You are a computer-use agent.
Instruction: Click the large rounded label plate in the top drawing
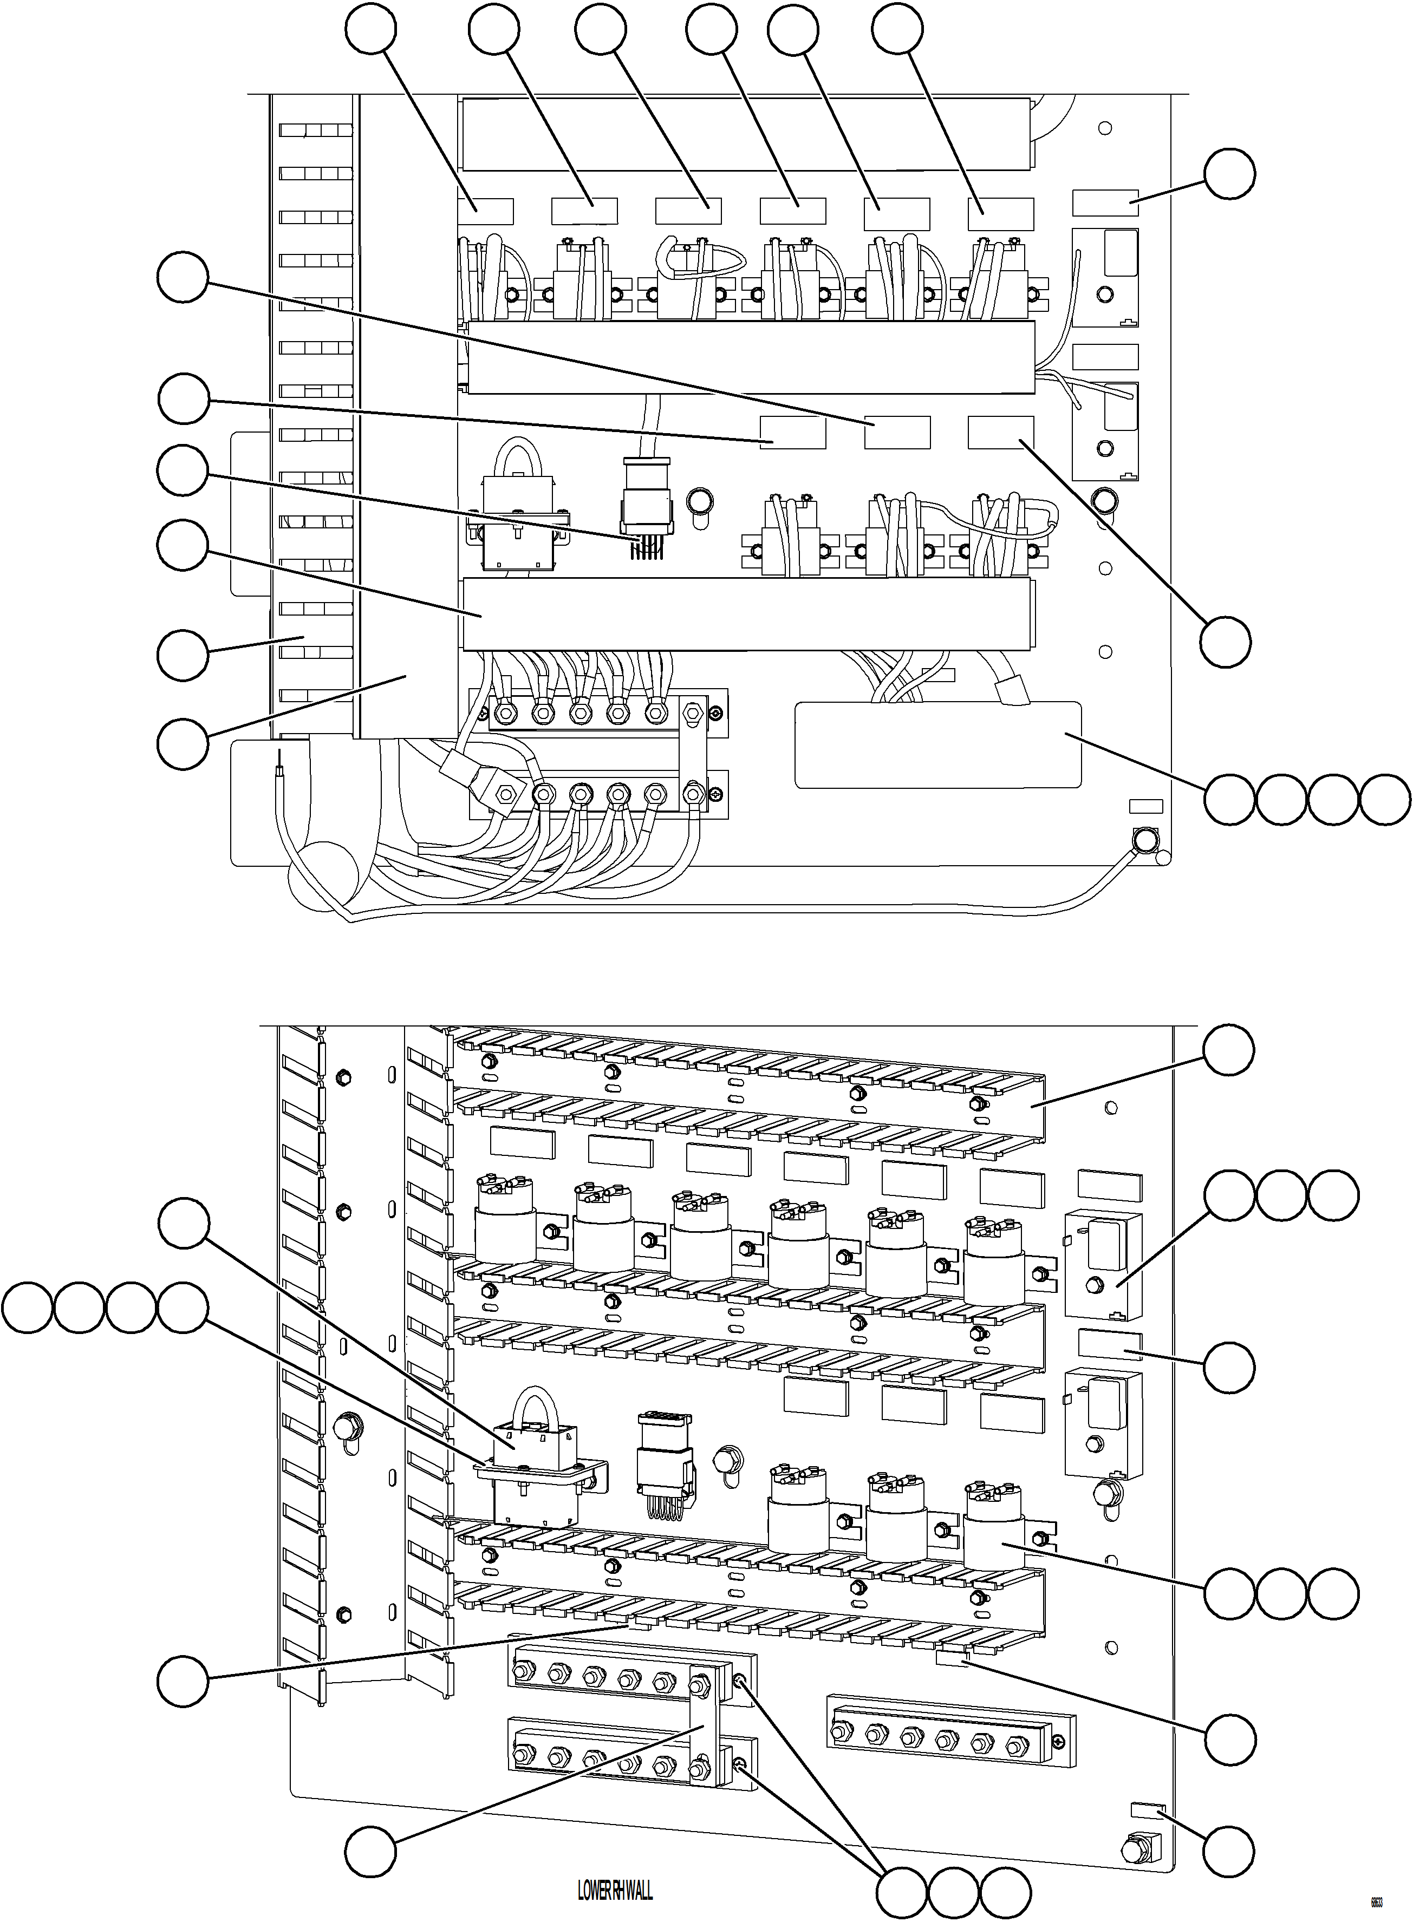click(x=937, y=744)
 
